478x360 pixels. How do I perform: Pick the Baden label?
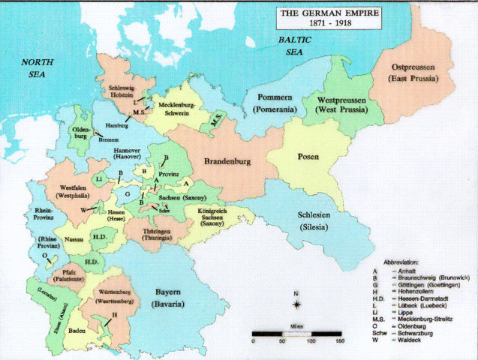pos(77,328)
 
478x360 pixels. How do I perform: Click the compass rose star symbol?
pos(298,304)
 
